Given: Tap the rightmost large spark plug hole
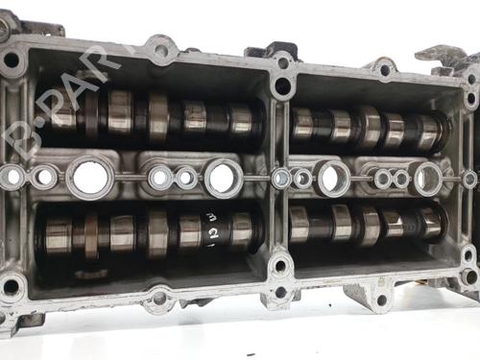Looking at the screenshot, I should [426, 178].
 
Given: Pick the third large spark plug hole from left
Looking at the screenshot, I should [333, 178].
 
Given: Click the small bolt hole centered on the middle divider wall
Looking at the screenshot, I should [281, 179].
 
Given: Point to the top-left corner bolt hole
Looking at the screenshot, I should [12, 60].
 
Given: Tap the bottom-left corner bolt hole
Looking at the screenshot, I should [12, 286].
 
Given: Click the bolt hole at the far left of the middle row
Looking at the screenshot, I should [13, 177].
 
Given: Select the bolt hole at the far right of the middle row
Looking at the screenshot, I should [469, 180].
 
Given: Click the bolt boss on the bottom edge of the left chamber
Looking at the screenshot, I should [159, 298].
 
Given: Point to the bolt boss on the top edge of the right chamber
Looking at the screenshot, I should [384, 69].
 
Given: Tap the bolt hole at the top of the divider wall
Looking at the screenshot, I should [282, 84].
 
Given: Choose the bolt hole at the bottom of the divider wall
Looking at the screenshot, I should [280, 264].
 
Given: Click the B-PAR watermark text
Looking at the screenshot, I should [58, 96].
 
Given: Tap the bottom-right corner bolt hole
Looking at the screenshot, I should [469, 276].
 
